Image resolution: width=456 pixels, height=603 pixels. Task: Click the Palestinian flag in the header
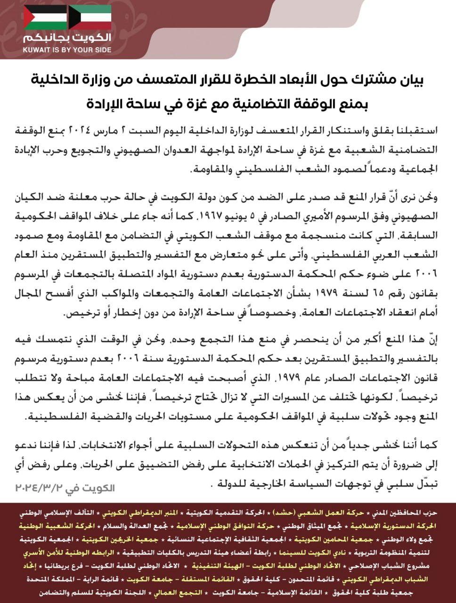click(46, 17)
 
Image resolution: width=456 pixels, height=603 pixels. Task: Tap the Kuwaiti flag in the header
click(90, 17)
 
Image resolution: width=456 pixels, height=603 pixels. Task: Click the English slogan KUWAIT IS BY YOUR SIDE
click(67, 49)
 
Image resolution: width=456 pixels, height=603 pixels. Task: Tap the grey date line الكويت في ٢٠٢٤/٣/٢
click(65, 487)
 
